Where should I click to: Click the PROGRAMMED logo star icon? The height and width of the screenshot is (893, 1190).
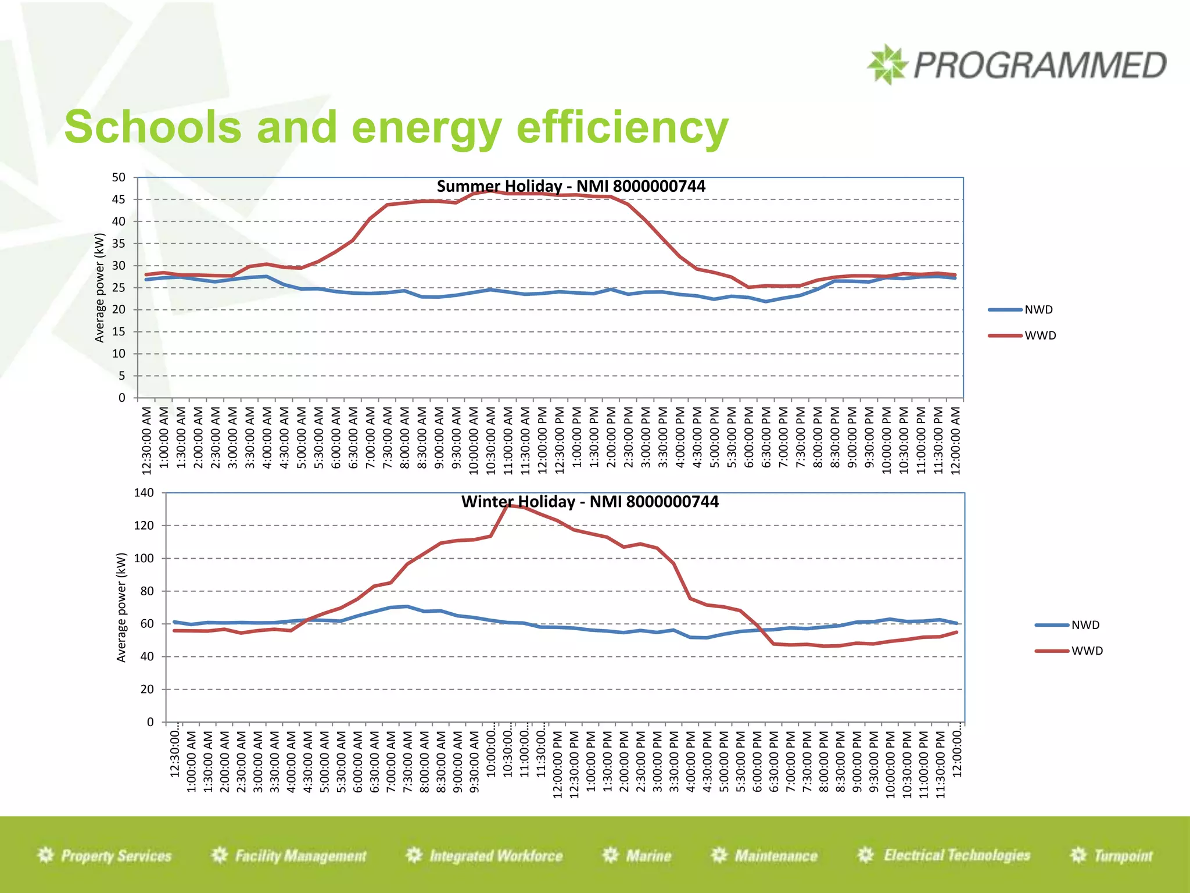[887, 65]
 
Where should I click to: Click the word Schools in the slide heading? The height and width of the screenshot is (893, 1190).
[153, 127]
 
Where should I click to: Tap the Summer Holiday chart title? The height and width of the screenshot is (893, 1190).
[571, 186]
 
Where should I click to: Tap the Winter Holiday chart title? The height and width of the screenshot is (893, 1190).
[590, 502]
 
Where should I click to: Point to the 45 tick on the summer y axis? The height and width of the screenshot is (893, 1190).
[119, 199]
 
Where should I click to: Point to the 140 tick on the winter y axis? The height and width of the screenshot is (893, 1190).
[144, 493]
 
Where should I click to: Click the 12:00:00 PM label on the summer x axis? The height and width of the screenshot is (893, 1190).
[542, 440]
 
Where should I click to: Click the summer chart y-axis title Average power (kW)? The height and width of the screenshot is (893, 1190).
[99, 287]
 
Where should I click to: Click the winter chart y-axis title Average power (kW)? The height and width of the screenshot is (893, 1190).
[121, 607]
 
